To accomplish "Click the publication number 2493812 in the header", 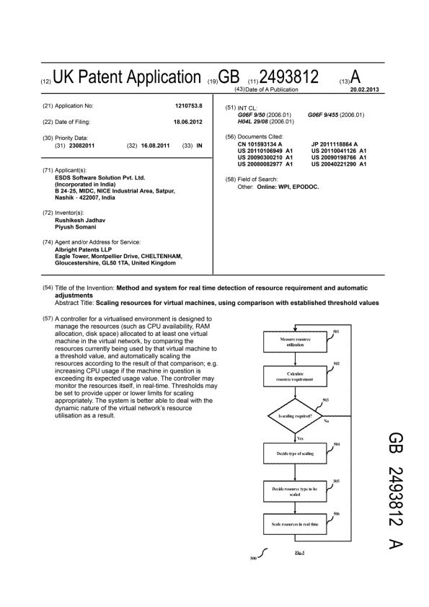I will pyautogui.click(x=289, y=77).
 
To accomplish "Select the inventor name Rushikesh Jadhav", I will pyautogui.click(x=82, y=221).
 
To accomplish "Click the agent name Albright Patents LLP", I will pyautogui.click(x=86, y=249).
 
